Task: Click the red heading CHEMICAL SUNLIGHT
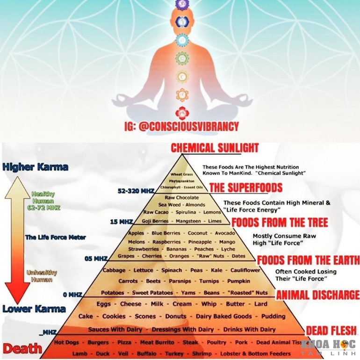pos(215,148)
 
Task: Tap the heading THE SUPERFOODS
pos(245,188)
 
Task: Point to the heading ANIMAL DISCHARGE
pos(317,295)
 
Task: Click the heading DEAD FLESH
pos(331,330)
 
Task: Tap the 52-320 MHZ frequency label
pos(137,191)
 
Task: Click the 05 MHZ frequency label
pos(96,259)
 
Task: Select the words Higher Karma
pos(35,167)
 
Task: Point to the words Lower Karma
pos(34,309)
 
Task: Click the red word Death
pos(22,348)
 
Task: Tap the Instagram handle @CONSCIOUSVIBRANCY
pos(181,127)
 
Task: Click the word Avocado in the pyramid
pos(225,233)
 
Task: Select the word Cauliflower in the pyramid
pos(245,270)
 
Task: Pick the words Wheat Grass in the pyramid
pos(182,174)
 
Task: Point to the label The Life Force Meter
pos(56,238)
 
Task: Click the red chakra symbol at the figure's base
pos(181,112)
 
